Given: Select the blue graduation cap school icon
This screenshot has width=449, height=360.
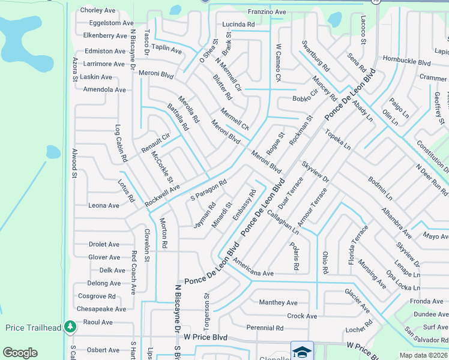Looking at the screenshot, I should point(303,351).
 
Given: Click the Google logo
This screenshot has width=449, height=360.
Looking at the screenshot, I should point(20,353).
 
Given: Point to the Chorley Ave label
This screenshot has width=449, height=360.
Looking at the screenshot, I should point(97,10).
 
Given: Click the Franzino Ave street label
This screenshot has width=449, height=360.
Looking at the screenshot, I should point(267,11).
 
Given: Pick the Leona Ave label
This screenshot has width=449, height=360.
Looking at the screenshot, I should point(104,205).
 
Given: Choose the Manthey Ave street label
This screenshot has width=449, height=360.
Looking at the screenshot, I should point(278,302).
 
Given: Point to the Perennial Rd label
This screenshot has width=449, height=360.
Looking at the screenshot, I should point(265,328).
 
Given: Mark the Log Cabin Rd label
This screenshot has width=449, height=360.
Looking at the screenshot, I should point(121,143).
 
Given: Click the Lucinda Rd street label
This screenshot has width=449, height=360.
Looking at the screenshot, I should point(238,24).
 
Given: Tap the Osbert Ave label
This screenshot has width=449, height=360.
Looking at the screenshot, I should point(99,350).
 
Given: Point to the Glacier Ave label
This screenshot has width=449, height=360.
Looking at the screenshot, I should point(357,300).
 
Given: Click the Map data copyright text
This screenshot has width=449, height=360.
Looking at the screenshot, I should point(424,355).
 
